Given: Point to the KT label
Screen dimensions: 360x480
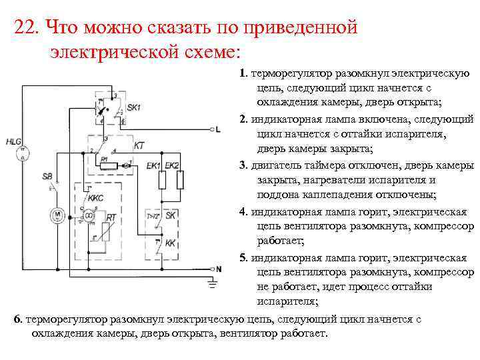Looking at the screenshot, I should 139,144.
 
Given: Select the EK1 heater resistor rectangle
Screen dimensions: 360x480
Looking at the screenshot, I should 161,180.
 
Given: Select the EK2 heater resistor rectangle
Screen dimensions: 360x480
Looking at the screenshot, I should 179,180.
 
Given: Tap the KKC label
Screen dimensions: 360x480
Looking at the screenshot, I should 95,198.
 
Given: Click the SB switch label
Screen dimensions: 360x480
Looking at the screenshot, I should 47,176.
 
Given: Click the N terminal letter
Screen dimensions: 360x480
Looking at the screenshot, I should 217,268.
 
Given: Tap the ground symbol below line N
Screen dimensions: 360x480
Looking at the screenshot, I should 213,285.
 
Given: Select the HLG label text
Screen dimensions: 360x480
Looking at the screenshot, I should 13,141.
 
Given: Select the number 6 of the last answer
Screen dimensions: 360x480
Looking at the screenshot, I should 17,319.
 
